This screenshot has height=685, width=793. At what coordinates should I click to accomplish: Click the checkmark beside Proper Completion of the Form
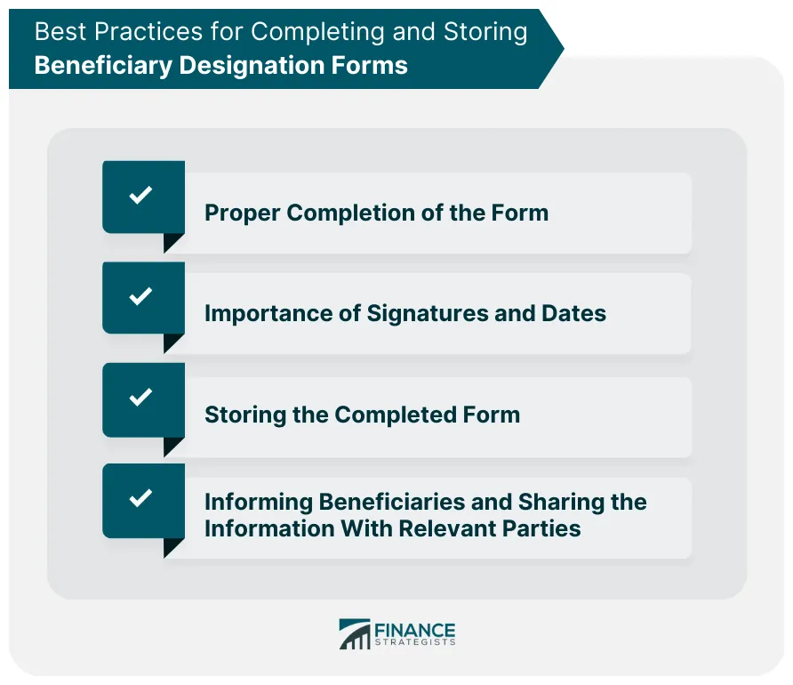coord(141,196)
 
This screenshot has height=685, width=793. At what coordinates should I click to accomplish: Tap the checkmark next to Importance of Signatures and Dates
coord(141,296)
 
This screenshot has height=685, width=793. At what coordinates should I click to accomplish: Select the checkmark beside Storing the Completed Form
coord(141,398)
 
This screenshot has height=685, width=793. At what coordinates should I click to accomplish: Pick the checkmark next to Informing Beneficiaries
coord(141,498)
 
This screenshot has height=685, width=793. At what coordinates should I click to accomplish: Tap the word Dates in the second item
coord(573,314)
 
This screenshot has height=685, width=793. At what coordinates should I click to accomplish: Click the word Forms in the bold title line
coord(373,65)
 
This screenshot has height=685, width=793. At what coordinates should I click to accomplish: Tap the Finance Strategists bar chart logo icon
coord(354,634)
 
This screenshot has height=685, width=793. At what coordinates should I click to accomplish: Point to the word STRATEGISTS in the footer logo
coord(415,642)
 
